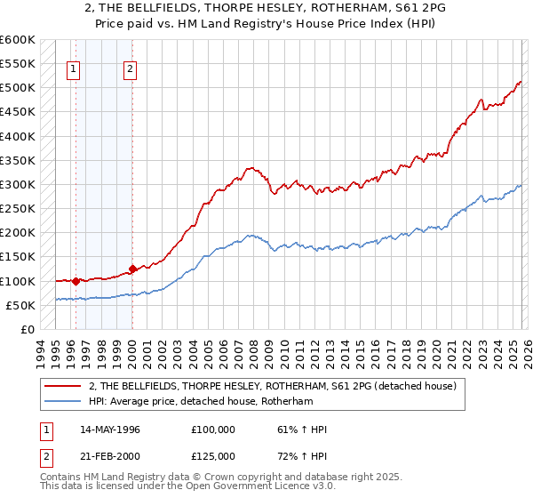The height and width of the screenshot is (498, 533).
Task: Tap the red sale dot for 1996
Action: [x=76, y=281]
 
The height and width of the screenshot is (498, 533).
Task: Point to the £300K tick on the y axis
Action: [x=18, y=185]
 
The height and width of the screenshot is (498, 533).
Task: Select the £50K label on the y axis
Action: [x=20, y=305]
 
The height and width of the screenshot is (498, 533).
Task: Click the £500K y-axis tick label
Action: [x=18, y=88]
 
